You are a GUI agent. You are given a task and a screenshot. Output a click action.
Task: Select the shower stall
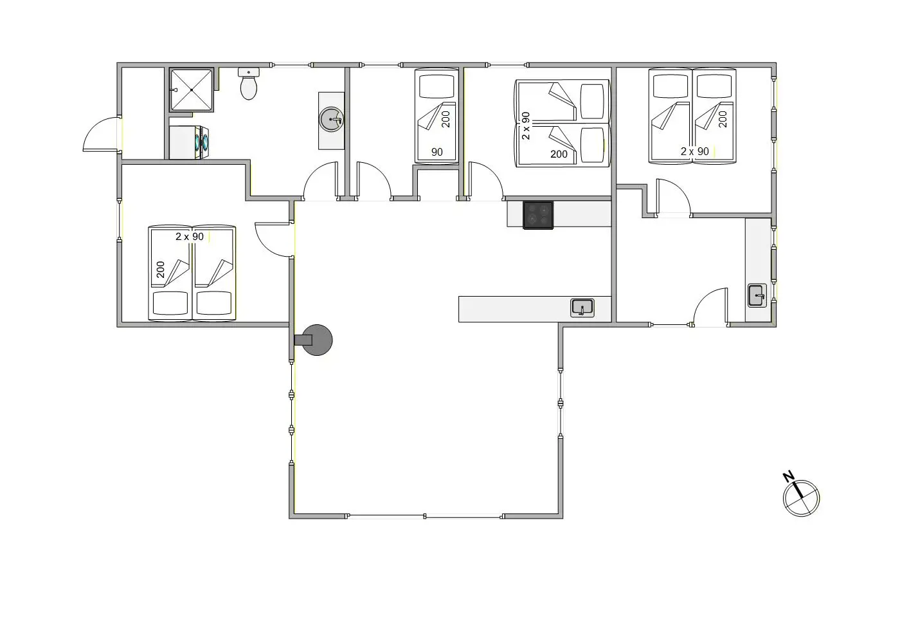191,90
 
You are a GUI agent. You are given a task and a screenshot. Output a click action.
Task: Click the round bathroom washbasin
332,120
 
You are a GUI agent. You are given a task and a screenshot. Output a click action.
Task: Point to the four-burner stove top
538,215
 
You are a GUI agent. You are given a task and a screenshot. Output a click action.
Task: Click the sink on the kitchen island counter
582,308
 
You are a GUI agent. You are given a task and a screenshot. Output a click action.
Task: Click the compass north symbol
802,498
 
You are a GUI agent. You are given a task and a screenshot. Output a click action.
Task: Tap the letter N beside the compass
788,477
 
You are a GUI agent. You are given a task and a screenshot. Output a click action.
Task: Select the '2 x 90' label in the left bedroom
190,237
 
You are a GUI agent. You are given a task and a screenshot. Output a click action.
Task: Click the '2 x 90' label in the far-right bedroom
695,152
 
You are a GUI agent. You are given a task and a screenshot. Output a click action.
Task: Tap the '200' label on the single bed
446,118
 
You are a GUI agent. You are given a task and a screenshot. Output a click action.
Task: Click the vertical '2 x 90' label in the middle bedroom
526,126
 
